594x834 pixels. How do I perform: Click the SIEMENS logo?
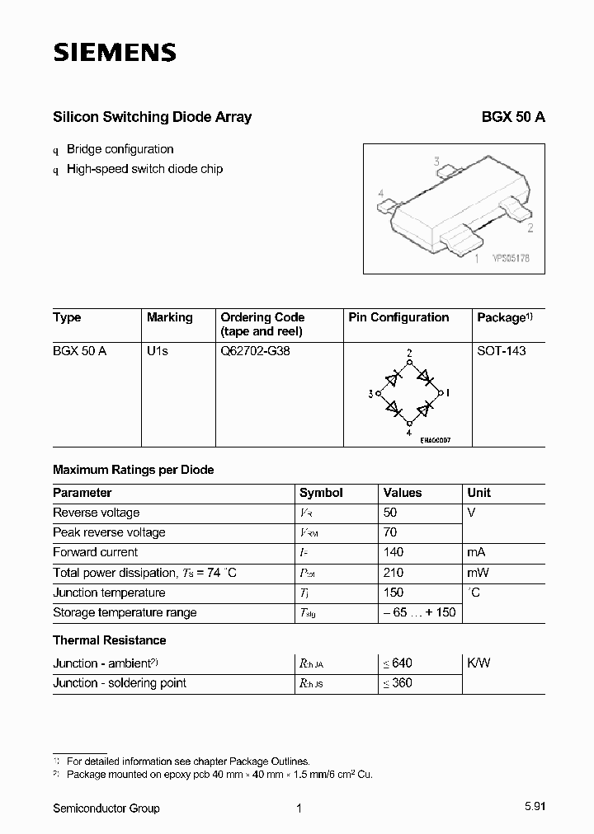pyautogui.click(x=115, y=54)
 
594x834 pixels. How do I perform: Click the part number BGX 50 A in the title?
pyautogui.click(x=512, y=117)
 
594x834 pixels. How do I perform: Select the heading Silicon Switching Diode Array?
pyautogui.click(x=152, y=117)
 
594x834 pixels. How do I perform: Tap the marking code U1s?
pyautogui.click(x=157, y=351)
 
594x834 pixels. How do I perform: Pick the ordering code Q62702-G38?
pyautogui.click(x=255, y=351)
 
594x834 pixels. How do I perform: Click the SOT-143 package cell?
pyautogui.click(x=501, y=351)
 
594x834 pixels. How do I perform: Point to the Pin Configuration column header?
pyautogui.click(x=398, y=317)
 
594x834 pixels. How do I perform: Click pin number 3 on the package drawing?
pyautogui.click(x=437, y=162)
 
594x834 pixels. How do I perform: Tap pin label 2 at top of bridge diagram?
pyautogui.click(x=409, y=354)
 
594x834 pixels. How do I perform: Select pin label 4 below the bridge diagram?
pyautogui.click(x=409, y=432)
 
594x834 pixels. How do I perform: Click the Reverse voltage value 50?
pyautogui.click(x=390, y=513)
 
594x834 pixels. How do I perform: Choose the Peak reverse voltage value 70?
pyautogui.click(x=390, y=532)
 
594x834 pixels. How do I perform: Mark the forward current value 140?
pyautogui.click(x=394, y=552)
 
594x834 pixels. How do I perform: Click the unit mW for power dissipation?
pyautogui.click(x=478, y=573)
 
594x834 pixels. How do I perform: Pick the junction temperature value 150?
pyautogui.click(x=394, y=593)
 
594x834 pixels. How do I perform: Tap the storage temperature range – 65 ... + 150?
pyautogui.click(x=419, y=612)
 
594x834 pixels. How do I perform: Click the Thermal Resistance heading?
pyautogui.click(x=109, y=640)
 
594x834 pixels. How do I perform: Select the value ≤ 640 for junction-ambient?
pyautogui.click(x=398, y=663)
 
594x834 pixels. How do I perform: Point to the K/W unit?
pyautogui.click(x=478, y=663)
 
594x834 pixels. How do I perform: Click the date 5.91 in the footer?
pyautogui.click(x=534, y=808)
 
